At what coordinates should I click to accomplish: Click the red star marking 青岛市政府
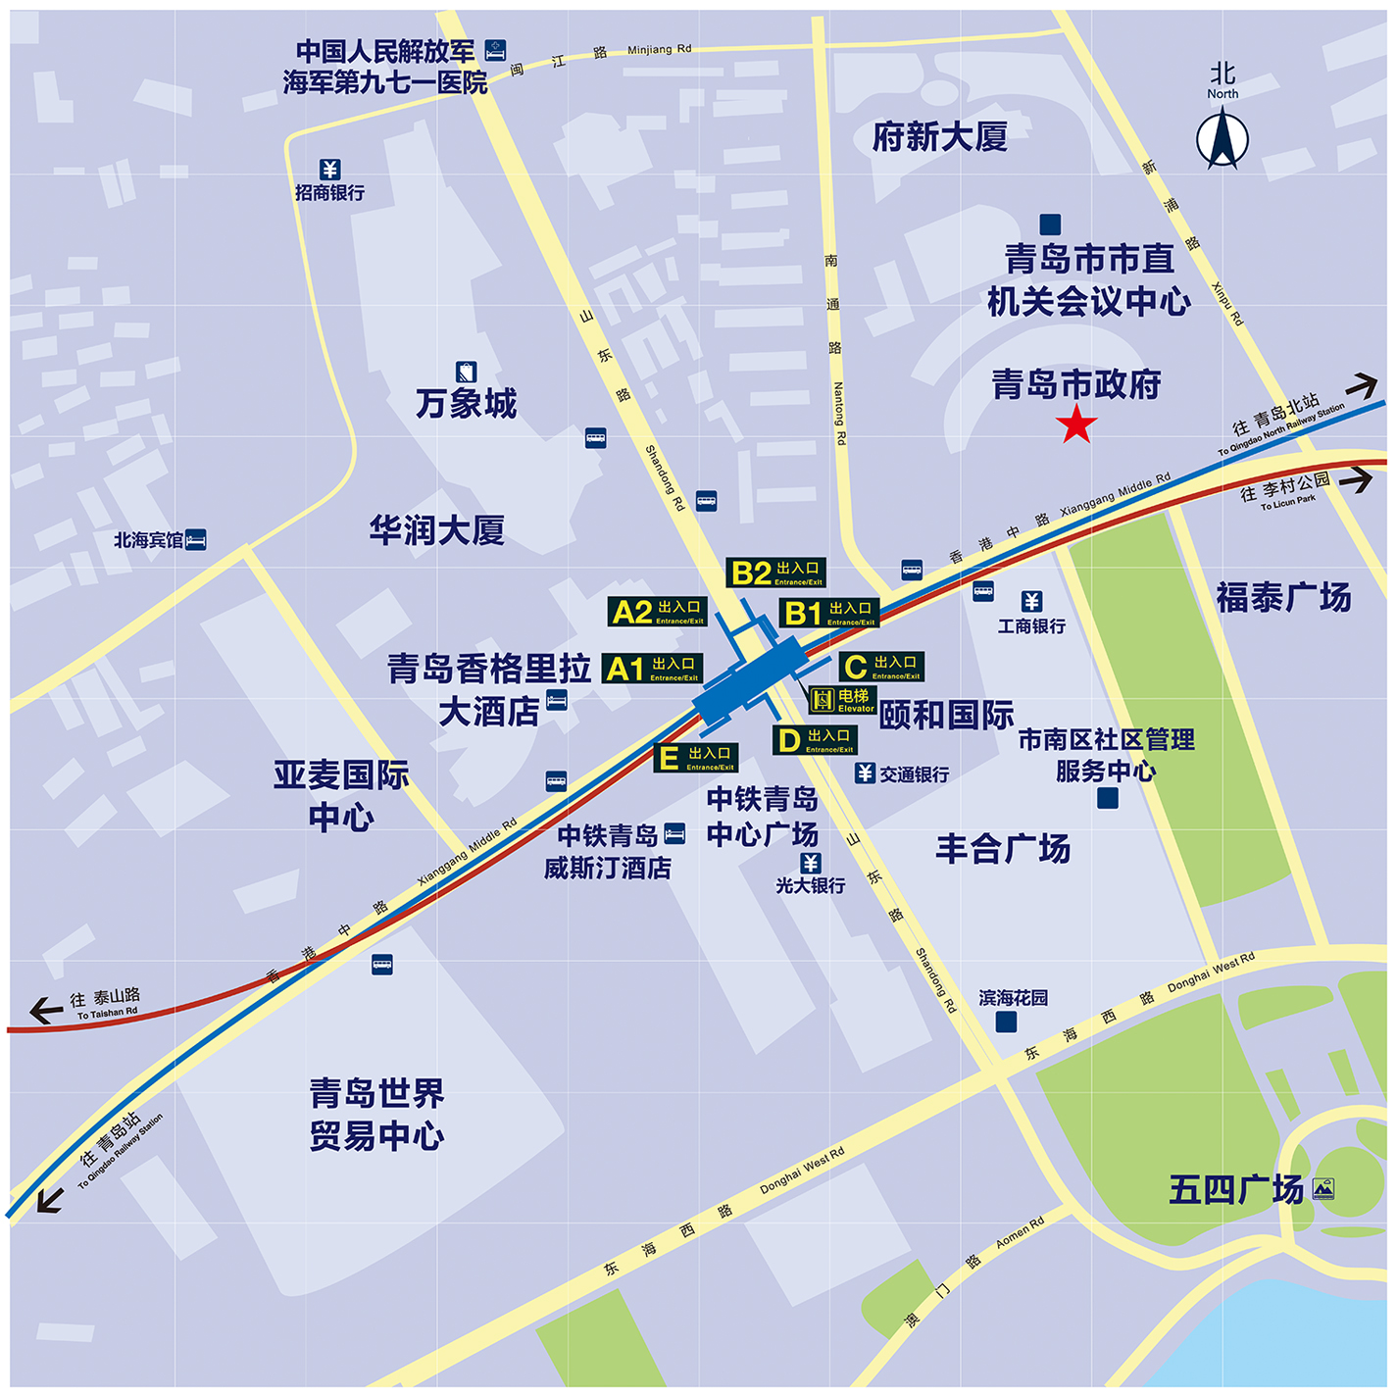[1076, 425]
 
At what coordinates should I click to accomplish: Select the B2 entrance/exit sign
[775, 573]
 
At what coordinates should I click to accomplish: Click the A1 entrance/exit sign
[652, 669]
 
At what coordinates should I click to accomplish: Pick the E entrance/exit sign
[696, 758]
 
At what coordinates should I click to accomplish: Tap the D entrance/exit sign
[815, 740]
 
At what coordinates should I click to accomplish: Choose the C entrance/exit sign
[881, 668]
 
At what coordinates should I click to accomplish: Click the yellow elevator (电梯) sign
[842, 700]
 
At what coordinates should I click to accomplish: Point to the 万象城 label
[466, 403]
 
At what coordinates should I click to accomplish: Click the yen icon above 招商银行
[329, 170]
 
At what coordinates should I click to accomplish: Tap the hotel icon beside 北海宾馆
[196, 539]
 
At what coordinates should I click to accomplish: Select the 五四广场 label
[1236, 1189]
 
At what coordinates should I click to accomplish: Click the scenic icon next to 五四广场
[1322, 1189]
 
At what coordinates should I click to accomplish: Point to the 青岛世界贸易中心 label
[377, 1114]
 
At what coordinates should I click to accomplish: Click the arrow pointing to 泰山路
[45, 1010]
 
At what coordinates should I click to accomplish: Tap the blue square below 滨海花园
[1006, 1022]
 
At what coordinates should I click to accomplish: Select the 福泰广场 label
[1283, 597]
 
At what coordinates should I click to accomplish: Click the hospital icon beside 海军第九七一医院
[496, 49]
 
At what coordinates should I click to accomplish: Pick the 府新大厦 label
[939, 137]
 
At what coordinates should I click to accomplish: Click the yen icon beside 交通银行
[865, 773]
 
